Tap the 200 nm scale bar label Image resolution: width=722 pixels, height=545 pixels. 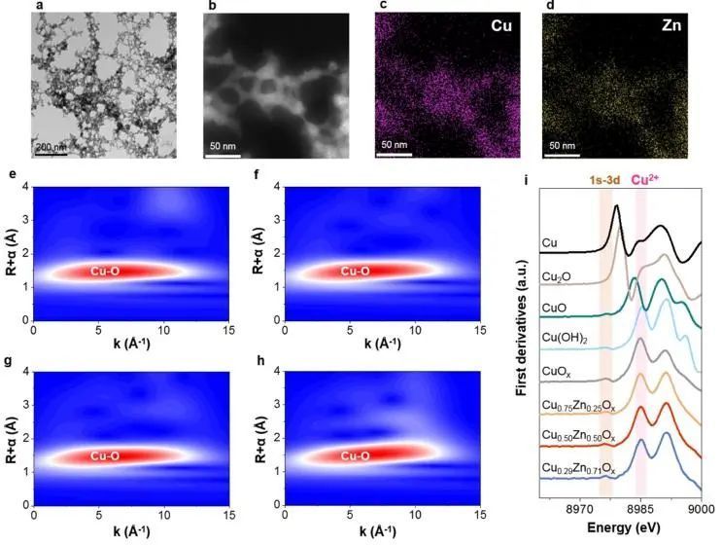[52, 146]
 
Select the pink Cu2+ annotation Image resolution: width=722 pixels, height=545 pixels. [648, 179]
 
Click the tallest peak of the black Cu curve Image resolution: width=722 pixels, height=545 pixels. [615, 206]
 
